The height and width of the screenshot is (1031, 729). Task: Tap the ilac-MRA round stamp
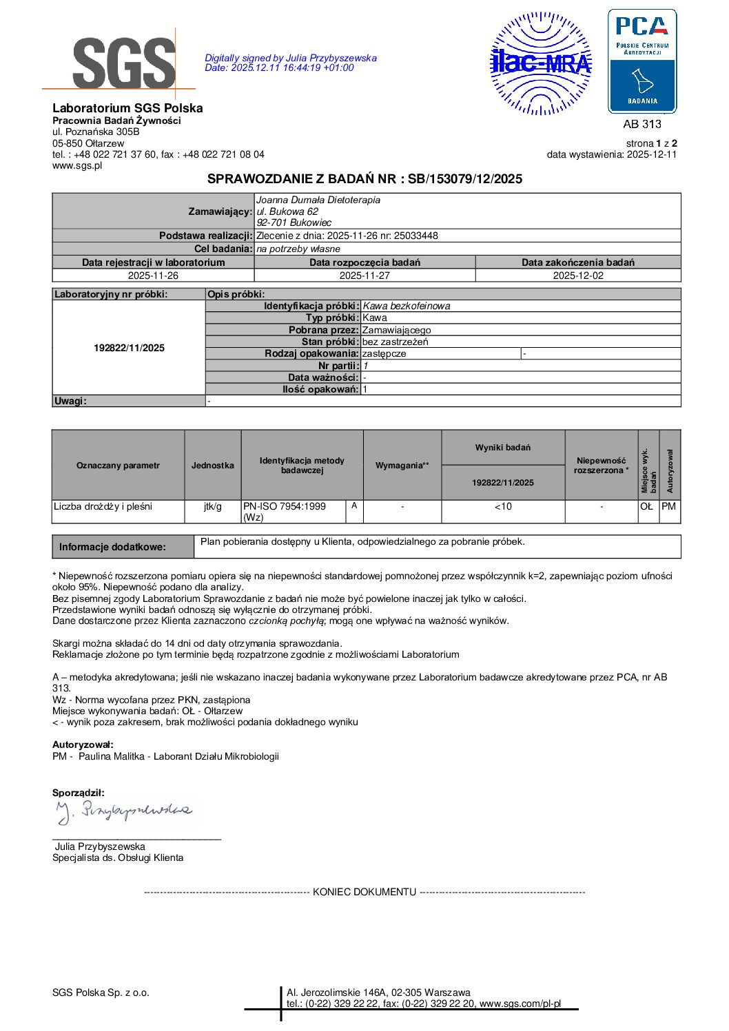[x=541, y=63]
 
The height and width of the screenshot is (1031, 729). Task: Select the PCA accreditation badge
[x=641, y=61]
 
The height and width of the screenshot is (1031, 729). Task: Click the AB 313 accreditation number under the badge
[x=641, y=124]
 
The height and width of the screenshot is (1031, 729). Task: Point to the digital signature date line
[x=279, y=68]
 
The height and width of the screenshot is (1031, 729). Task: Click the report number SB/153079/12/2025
[x=465, y=179]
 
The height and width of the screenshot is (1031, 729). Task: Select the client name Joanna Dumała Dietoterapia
[x=318, y=200]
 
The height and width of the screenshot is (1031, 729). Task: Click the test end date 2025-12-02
[x=577, y=275]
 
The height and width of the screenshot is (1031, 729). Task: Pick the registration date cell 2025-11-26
[x=153, y=275]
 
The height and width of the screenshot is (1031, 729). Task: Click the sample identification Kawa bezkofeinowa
[x=407, y=306]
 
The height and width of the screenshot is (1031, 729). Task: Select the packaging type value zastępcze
[x=384, y=353]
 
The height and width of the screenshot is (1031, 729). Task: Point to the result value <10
[x=503, y=507]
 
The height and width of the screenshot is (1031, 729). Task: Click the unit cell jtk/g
[x=212, y=507]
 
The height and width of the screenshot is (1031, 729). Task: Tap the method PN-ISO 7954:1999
[x=284, y=506]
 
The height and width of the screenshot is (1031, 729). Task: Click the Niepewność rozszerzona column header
[x=601, y=466]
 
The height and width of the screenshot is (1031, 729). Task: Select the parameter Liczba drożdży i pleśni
[x=103, y=507]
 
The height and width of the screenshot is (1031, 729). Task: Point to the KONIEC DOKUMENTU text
[x=364, y=892]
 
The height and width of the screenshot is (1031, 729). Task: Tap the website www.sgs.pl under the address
[x=77, y=165]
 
